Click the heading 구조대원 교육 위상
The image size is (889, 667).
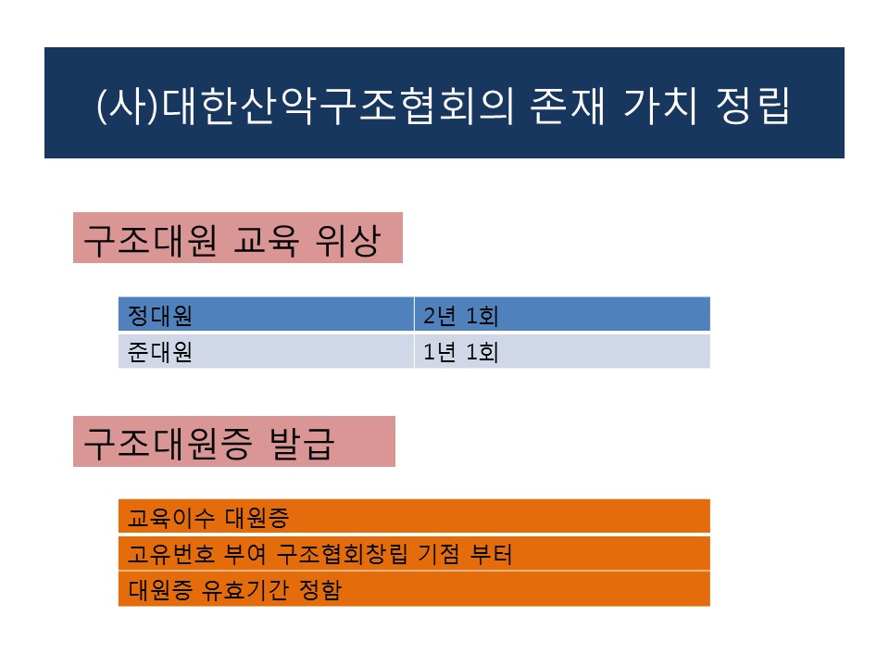pyautogui.click(x=237, y=238)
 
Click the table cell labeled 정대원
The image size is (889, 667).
pyautogui.click(x=266, y=315)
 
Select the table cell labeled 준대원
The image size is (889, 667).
pyautogui.click(x=266, y=352)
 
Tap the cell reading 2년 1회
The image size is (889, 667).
pyautogui.click(x=561, y=315)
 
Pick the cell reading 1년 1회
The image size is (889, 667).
pyautogui.click(x=561, y=352)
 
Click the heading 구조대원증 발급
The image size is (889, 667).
pyautogui.click(x=233, y=442)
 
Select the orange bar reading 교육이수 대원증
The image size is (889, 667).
pyautogui.click(x=414, y=516)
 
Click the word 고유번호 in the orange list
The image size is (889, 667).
pyautogui.click(x=164, y=554)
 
